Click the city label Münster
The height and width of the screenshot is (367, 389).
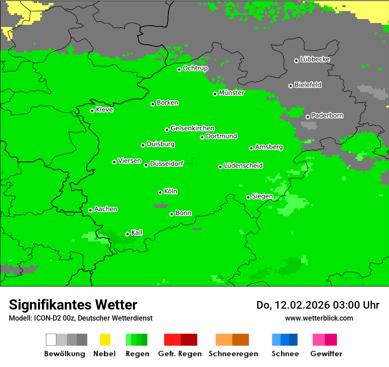[231, 93]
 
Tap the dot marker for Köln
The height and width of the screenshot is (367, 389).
[160, 192]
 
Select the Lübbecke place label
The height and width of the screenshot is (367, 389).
[315, 59]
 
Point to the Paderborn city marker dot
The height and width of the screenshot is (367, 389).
[308, 117]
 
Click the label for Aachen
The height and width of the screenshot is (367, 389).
[106, 209]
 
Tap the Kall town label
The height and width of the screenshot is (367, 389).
[137, 233]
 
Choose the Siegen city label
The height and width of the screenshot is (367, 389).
[262, 196]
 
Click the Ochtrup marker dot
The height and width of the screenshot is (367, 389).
[179, 69]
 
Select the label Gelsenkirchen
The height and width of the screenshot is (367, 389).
[192, 128]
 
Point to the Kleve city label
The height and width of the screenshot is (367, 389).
[104, 110]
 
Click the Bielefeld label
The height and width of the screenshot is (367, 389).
[308, 85]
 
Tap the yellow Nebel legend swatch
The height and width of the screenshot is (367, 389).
[105, 340]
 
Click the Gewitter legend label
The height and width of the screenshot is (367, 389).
[326, 354]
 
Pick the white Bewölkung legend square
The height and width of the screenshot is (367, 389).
[51, 340]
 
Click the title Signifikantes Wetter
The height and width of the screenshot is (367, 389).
[73, 305]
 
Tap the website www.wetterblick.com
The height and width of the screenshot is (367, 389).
[319, 318]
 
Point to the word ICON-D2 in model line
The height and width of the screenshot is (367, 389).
[46, 318]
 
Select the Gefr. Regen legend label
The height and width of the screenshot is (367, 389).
[179, 354]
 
